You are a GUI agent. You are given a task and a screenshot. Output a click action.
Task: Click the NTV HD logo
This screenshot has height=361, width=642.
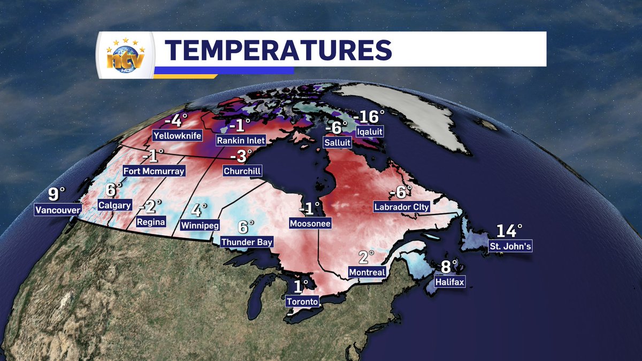[125, 55]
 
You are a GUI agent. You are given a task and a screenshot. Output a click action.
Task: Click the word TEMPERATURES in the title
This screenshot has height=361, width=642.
[278, 49]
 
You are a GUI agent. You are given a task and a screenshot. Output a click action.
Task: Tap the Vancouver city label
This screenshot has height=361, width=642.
[57, 210]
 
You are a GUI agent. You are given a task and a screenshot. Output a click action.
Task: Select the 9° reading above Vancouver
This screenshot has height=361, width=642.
[56, 194]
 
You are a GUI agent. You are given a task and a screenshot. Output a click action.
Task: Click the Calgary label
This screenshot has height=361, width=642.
[114, 205]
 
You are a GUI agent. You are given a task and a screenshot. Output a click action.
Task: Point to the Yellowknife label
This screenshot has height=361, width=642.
[178, 136]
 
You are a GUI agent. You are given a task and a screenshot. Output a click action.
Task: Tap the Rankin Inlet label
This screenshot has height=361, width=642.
[241, 140]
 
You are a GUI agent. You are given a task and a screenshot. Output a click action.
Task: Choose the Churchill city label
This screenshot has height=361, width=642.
[242, 172]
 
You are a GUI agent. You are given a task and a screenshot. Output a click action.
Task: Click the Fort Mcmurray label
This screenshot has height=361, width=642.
[154, 171]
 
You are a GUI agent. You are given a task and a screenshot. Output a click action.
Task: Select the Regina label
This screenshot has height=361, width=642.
[151, 221]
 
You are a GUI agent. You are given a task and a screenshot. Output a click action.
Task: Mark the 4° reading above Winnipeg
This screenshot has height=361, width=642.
[198, 210]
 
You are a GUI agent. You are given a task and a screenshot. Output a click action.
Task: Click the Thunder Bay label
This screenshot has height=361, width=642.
[247, 242]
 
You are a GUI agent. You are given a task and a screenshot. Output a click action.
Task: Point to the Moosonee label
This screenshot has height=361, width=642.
[310, 222]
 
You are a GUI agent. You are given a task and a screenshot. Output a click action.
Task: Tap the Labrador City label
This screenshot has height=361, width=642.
[402, 206]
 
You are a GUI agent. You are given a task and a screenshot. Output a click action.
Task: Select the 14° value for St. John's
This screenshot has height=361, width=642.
[508, 231]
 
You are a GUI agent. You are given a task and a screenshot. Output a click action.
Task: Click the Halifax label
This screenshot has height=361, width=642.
[449, 281]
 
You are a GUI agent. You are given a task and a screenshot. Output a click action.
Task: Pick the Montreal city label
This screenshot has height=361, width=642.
[367, 272]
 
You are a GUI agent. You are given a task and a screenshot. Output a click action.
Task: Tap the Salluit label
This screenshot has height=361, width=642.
[337, 142]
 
